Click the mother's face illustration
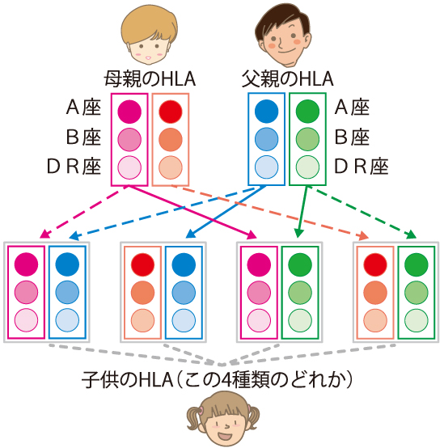click(x=149, y=34)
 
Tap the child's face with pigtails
click(x=223, y=420)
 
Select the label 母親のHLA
click(x=150, y=79)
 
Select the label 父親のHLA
click(x=287, y=79)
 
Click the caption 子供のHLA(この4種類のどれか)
click(x=217, y=380)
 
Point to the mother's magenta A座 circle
click(x=129, y=112)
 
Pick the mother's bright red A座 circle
click(x=171, y=112)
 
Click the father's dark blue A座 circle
click(x=266, y=111)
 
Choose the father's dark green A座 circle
click(x=307, y=111)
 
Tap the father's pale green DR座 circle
click(x=307, y=167)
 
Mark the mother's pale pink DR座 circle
click(x=129, y=167)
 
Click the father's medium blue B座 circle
click(x=266, y=139)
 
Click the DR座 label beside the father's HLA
click(x=362, y=167)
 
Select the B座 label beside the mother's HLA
click(x=83, y=137)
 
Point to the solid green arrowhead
click(x=298, y=233)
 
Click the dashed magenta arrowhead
click(x=44, y=235)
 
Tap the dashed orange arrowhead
click(x=363, y=236)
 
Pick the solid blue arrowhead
click(x=190, y=235)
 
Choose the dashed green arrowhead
click(x=411, y=235)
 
